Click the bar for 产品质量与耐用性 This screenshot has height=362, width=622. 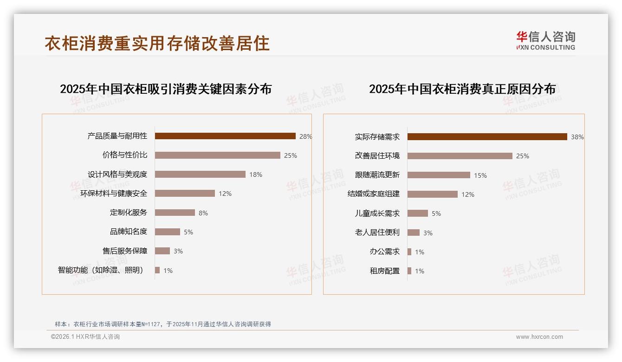point(225,136)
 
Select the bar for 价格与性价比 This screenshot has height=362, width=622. point(217,155)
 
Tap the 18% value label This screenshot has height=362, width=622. point(256,175)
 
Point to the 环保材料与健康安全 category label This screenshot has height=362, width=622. point(114,194)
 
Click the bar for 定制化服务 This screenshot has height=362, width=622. point(175,213)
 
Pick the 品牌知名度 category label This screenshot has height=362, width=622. point(129,232)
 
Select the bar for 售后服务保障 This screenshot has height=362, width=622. point(162,251)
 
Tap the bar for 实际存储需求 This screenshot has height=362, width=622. point(487,137)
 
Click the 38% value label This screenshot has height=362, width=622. point(577,137)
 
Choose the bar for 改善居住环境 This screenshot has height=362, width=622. point(460,156)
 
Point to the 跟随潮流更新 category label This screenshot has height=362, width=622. point(377,175)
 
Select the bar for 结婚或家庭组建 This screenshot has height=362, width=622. point(433,194)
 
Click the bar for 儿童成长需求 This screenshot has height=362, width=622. point(418,213)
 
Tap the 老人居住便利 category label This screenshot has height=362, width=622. point(377,233)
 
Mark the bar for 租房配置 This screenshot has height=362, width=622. point(409,271)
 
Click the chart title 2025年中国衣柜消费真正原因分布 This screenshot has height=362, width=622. point(462,89)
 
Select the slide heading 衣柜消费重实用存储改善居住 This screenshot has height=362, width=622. point(157,43)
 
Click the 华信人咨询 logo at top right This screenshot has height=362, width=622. point(546,40)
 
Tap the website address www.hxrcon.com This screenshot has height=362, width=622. point(539,337)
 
